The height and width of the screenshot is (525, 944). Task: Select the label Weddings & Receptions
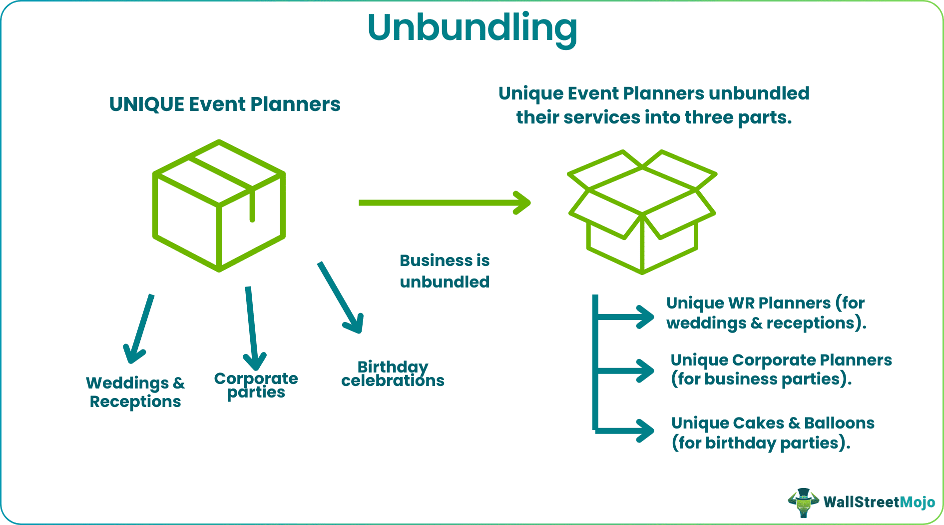coord(135,392)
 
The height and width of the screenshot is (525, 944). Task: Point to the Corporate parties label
coord(256,385)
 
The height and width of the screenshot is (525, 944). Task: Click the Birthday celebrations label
coord(393,373)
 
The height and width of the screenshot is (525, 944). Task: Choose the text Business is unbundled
coord(445,271)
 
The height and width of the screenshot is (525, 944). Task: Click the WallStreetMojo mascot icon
coord(803,502)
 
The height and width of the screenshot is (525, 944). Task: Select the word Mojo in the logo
coord(917,502)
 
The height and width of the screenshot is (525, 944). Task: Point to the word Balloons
coord(839,423)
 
